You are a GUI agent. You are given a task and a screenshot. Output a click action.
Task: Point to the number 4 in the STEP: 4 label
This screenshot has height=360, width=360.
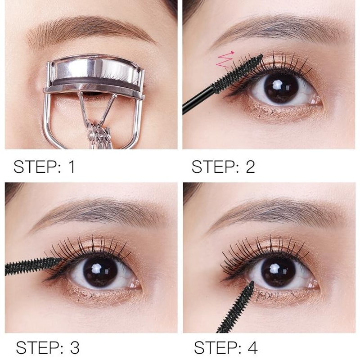[x=252, y=347]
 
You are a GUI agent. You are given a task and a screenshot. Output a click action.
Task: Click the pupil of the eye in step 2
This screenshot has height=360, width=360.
[x=279, y=88]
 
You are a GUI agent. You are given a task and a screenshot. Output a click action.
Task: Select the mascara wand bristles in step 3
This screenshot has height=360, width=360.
[x=31, y=266]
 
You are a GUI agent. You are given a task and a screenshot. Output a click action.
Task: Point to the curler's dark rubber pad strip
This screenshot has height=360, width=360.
[x=94, y=82]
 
